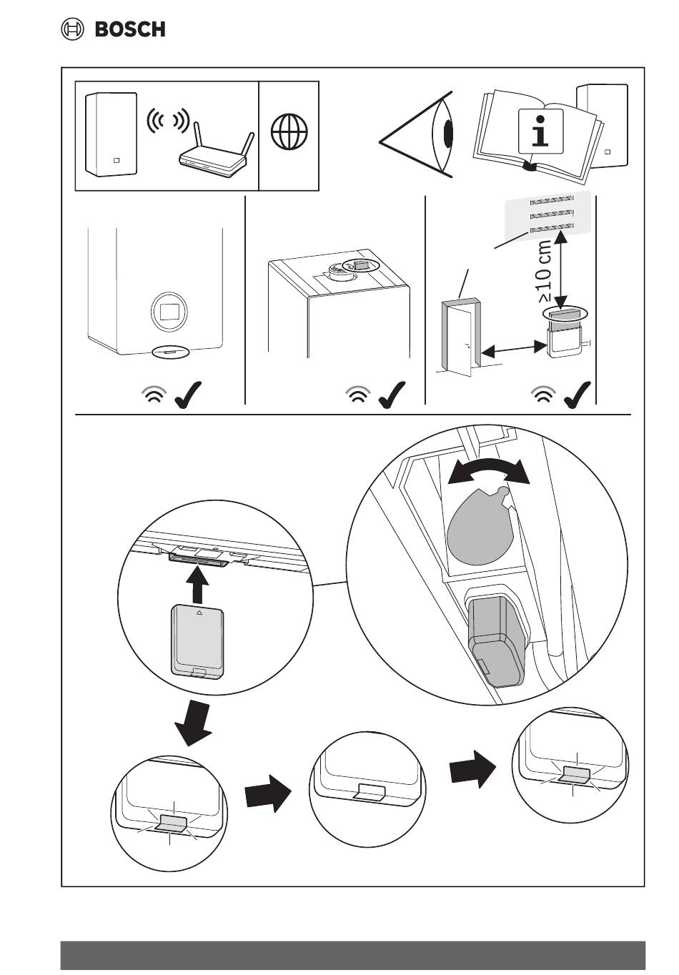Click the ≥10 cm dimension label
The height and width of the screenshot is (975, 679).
544,271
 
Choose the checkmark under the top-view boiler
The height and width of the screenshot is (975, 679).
391,394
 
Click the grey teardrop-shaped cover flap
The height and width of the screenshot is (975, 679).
480,521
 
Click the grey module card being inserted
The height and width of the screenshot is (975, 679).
200,640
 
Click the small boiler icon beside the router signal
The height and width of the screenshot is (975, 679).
111,134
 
